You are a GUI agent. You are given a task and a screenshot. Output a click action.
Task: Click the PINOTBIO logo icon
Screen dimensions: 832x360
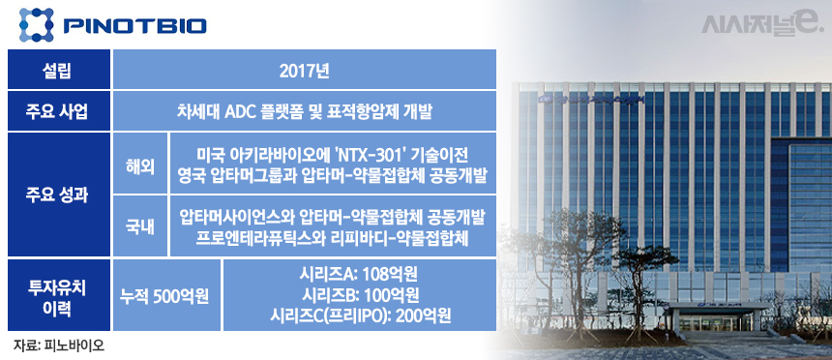[37, 24]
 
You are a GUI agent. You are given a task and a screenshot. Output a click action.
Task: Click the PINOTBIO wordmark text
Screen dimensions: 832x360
[134, 26]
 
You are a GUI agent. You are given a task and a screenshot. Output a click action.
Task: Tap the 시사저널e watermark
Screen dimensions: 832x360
[762, 24]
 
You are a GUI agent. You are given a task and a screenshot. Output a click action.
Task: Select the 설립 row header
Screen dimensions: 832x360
[59, 70]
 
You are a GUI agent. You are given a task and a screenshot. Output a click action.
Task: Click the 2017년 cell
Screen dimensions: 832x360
[305, 70]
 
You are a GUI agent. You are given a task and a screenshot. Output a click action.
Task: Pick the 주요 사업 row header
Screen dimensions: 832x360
[59, 111]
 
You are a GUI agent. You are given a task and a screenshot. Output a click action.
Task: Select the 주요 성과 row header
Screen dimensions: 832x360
[59, 195]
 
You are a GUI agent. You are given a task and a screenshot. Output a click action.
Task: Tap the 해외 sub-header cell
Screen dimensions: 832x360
[140, 163]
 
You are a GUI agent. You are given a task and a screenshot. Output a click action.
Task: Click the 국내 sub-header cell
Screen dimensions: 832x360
[140, 225]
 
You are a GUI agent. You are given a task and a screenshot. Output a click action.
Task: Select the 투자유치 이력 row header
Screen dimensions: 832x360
[59, 295]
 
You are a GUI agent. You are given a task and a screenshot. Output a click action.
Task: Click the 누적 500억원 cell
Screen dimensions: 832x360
[165, 296]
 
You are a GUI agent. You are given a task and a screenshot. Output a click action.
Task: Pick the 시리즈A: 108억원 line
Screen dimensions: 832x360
[359, 276]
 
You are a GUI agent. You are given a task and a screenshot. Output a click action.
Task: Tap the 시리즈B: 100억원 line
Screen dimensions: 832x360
[359, 296]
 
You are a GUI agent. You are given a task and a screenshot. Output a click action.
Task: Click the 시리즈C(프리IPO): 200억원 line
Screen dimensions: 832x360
[360, 315]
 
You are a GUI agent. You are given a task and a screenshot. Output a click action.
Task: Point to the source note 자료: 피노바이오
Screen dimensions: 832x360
[58, 345]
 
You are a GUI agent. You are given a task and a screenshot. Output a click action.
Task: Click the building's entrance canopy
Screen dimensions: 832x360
[720, 307]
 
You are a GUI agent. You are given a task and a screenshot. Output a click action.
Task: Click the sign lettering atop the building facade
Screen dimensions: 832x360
[590, 99]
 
